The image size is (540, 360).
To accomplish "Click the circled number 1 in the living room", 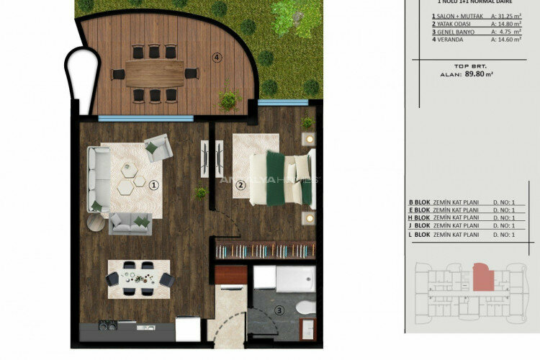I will coord(153,184).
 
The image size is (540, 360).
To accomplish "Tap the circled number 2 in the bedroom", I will coord(242,184).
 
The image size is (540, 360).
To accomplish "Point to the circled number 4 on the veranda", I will coord(215,57).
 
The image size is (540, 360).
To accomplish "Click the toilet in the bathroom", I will coord(305,308).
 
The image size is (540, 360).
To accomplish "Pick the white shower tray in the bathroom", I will coord(295,279).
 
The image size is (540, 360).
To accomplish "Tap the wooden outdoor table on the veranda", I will coord(154,73).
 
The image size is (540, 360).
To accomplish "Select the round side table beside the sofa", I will coord(96,222).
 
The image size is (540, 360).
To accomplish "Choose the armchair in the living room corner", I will coord(158,148).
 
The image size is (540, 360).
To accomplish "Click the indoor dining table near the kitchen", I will coord(139,277).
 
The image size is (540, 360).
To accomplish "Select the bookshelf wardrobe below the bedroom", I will coord(266,250).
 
